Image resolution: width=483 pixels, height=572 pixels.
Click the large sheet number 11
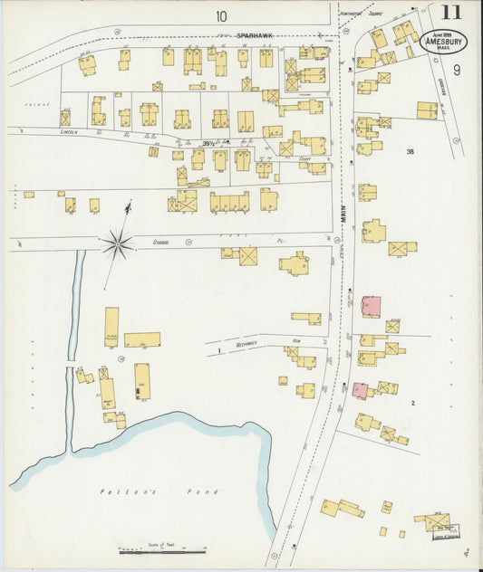[x=449, y=14]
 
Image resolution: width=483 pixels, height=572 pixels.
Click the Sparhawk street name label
[x=256, y=35]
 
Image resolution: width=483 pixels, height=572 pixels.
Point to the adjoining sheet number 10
[x=222, y=15]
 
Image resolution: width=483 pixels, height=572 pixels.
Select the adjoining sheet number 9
[x=458, y=70]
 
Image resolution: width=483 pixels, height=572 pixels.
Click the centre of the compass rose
[x=118, y=242]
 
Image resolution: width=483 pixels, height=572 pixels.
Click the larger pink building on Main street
[x=372, y=306]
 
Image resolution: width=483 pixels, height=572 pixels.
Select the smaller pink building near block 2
[x=360, y=390]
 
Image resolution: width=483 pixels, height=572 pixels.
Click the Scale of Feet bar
[x=163, y=550]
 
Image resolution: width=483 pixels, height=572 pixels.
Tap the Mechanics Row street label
[x=242, y=344]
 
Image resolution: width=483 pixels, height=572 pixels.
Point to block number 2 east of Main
[x=412, y=402]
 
